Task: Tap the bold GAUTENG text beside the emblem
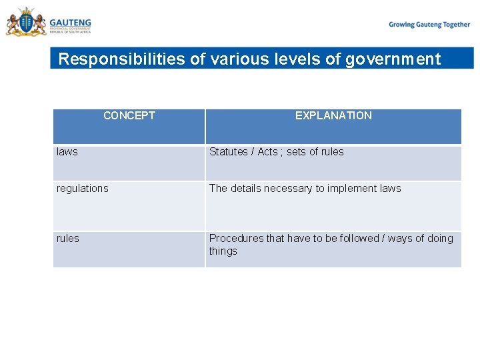[x=70, y=23]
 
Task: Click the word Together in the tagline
[x=455, y=25]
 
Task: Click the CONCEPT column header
[x=129, y=116]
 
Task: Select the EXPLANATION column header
[x=333, y=116]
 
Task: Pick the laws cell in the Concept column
[x=67, y=152]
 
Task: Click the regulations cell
[x=83, y=189]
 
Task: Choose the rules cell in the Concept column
[x=68, y=239]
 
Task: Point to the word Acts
[x=267, y=152]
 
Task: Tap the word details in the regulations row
[x=245, y=189]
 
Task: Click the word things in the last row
[x=223, y=251]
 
